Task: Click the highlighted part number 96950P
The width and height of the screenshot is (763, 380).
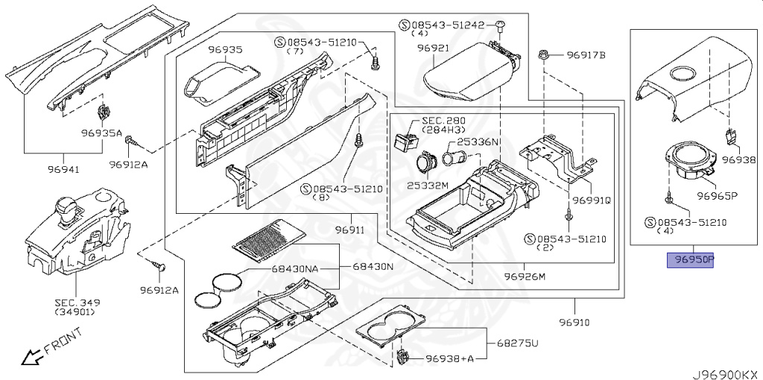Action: click(x=691, y=260)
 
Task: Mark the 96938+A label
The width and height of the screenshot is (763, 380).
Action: click(x=449, y=358)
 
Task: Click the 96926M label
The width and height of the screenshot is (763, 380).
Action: click(x=525, y=276)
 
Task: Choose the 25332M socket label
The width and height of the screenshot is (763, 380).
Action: click(x=427, y=183)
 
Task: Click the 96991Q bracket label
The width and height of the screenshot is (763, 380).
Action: click(x=592, y=200)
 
